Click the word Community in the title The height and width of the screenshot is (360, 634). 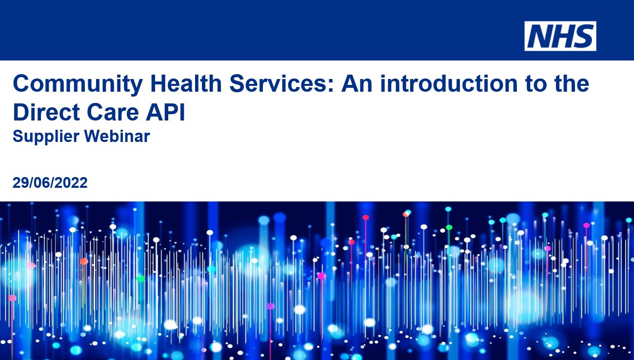coord(78,84)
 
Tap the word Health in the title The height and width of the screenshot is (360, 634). coord(186,83)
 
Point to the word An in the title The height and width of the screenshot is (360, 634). coord(357,83)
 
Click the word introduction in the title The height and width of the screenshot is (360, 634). coord(449,83)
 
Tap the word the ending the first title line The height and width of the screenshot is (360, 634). coord(572,83)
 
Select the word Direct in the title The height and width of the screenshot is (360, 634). coord(46,112)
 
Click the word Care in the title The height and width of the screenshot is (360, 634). coord(113,112)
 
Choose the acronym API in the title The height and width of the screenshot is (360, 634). coord(166,112)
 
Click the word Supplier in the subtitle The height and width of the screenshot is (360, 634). coord(46,137)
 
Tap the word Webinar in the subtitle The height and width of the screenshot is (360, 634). coord(117,136)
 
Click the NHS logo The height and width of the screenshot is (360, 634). coord(560,36)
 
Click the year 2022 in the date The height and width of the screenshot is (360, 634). coord(71,182)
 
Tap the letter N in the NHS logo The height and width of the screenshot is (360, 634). coord(539,36)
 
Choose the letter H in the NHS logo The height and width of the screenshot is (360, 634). coord(561,36)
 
